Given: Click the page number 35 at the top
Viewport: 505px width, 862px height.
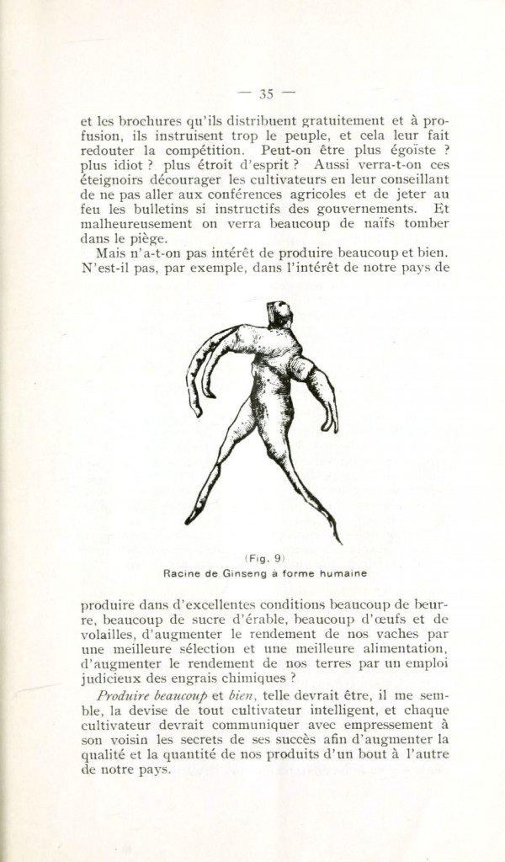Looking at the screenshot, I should (x=267, y=93).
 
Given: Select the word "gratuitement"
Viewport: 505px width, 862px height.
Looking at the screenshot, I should (x=344, y=121).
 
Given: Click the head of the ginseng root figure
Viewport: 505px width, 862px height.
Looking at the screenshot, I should (x=279, y=313).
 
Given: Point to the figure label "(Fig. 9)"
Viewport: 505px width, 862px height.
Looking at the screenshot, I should (x=265, y=558).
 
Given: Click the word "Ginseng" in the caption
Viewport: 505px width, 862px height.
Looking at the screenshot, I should (x=247, y=573).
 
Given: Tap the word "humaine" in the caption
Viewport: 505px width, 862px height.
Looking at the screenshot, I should (x=343, y=573).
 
